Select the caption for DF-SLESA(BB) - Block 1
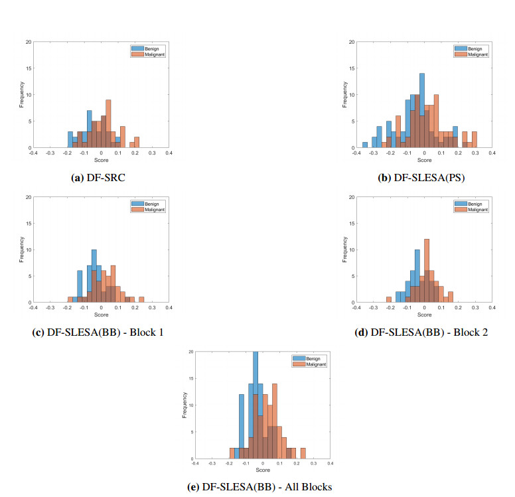point(100,332)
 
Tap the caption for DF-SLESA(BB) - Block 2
point(423,332)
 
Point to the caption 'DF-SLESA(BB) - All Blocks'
point(260,486)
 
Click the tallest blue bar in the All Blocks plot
point(255,405)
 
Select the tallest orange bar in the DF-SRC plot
point(108,123)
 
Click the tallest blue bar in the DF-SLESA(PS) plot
point(422,110)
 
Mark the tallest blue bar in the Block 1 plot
point(94,275)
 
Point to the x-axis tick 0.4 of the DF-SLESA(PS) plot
point(492,152)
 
